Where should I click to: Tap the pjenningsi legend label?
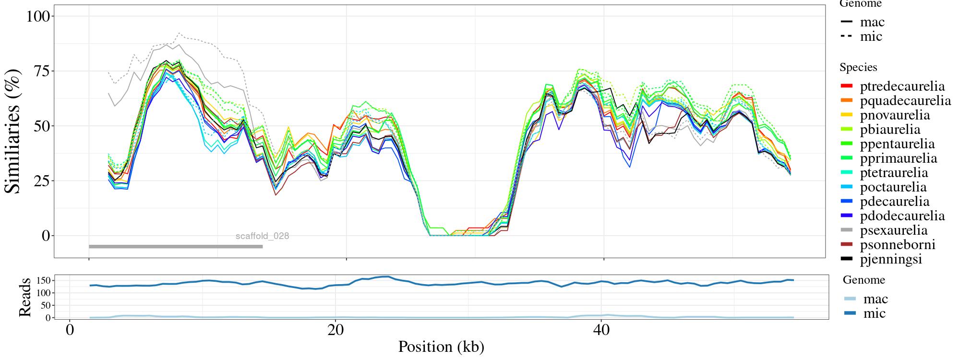891,259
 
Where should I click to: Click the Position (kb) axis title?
441,347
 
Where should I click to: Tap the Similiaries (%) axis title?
13,131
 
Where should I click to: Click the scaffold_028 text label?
262,236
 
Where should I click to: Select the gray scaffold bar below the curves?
176,247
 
